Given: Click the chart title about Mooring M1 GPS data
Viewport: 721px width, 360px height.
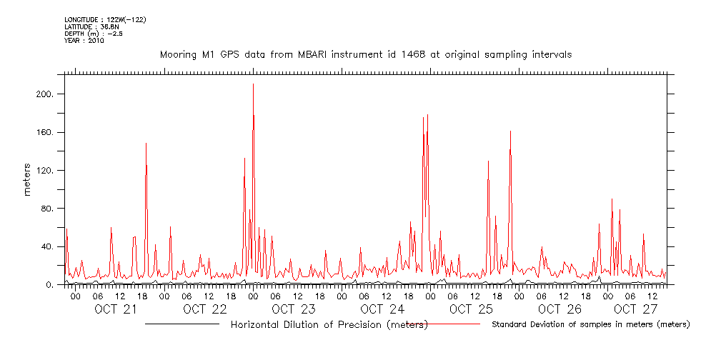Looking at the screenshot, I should pos(365,54).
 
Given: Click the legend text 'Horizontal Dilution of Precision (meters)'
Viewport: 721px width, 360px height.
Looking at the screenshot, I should pos(329,324).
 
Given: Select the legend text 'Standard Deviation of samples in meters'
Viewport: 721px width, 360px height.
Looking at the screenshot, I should pos(590,324).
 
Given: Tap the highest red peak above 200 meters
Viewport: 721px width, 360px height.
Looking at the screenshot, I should pos(253,85).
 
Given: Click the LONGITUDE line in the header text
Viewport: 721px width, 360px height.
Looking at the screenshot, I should pos(105,19).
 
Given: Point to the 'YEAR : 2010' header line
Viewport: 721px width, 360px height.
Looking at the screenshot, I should pos(84,41).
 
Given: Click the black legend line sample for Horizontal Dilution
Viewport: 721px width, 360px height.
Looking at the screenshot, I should pos(182,324).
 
